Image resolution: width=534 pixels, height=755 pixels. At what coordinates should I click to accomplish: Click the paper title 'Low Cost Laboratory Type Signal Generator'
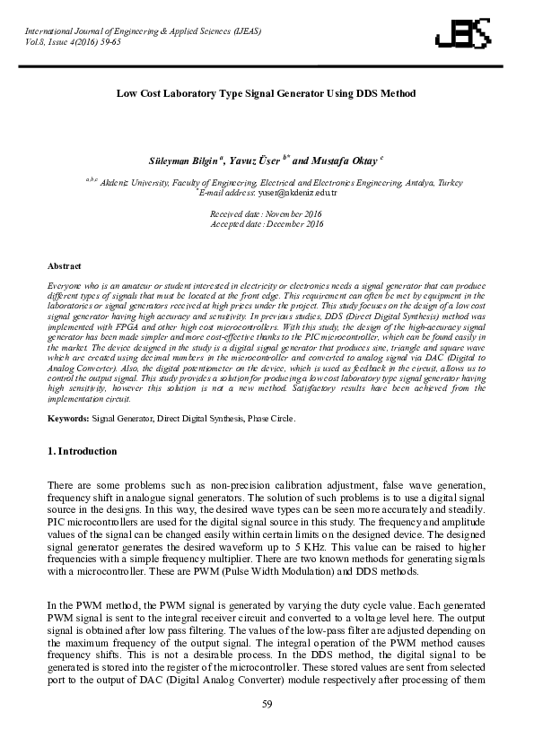pos(267,93)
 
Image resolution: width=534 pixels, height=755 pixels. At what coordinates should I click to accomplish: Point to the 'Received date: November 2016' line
pos(266,214)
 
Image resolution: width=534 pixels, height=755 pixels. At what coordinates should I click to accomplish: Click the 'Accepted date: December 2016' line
pos(266,224)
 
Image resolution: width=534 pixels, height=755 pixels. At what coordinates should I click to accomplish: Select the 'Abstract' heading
pos(64,266)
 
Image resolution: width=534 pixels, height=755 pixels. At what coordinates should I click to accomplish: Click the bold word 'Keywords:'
pos(67,419)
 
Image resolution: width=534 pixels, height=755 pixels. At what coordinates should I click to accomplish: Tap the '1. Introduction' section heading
pos(82,451)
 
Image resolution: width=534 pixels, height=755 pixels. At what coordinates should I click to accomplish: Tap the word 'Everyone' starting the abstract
pos(64,284)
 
